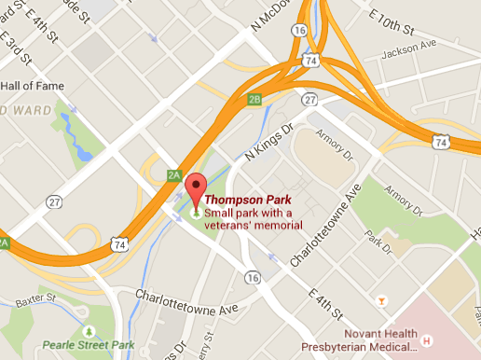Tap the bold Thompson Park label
247,200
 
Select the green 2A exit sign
172,174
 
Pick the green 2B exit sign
254,99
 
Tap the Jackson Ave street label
412,44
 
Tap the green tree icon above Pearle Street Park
89,331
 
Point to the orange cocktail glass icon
380,299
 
